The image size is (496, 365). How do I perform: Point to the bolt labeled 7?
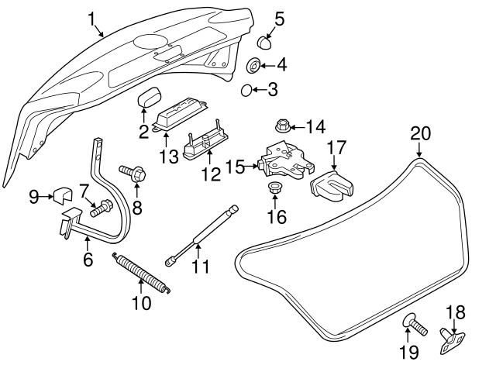pos(100,208)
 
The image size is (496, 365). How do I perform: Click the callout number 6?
pos(88,259)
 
